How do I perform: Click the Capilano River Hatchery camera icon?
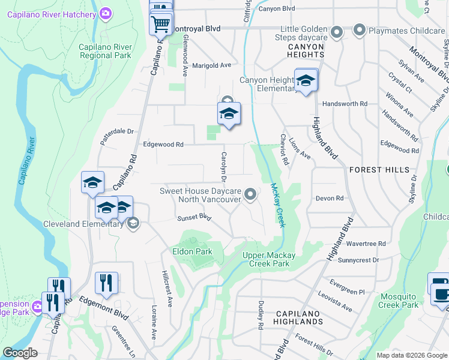(106, 13)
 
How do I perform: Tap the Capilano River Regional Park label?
(105, 51)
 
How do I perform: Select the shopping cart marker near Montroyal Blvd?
(161, 25)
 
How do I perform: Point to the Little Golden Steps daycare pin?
(337, 32)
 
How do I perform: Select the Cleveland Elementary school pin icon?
(133, 224)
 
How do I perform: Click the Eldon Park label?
(192, 251)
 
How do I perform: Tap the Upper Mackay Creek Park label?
(265, 259)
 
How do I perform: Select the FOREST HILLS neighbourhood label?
(378, 170)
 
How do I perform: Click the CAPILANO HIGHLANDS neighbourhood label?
(300, 317)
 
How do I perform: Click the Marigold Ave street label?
(211, 65)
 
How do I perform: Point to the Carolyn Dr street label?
(223, 167)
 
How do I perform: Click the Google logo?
(20, 353)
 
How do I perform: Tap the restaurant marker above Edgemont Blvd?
(106, 283)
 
